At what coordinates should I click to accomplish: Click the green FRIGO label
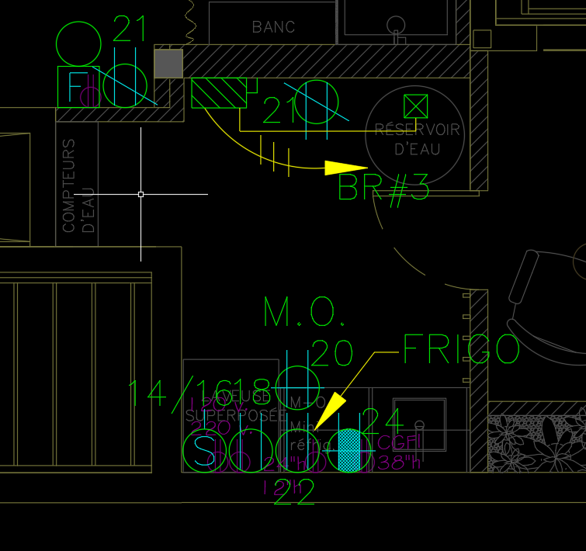point(460,350)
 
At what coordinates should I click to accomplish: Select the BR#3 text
point(383,187)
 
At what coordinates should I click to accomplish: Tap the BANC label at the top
point(273,27)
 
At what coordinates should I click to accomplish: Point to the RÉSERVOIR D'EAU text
point(417,138)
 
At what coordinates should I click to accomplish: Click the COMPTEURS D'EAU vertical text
point(78,186)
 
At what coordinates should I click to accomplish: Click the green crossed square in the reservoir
point(416,106)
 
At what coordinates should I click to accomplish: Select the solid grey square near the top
point(168,64)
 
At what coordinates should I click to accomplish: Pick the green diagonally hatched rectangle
point(219,93)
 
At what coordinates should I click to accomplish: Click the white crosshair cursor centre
point(140,194)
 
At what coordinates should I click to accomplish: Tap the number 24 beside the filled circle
point(383,422)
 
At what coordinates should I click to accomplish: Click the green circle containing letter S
point(203,451)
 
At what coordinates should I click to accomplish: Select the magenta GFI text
point(401,443)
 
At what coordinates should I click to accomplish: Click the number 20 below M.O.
point(332,353)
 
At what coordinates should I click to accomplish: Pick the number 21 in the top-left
point(130,29)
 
